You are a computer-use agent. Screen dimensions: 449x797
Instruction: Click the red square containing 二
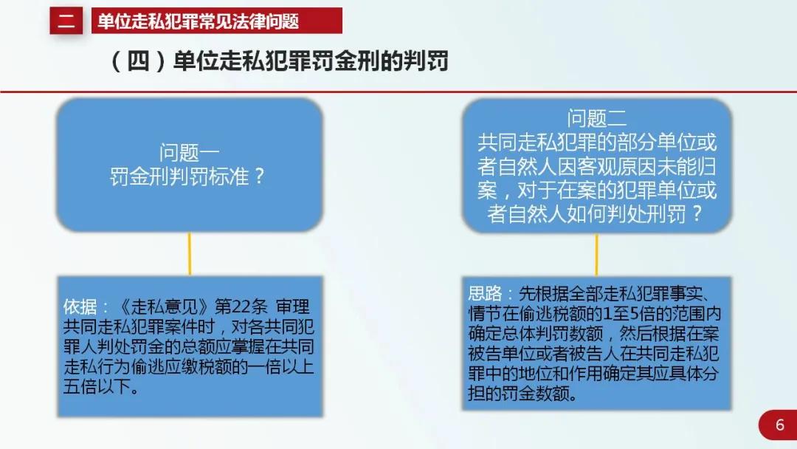tap(66, 21)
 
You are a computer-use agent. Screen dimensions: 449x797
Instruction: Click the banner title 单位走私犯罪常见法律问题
tap(199, 21)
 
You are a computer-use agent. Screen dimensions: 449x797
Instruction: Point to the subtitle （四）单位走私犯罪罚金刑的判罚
tap(280, 61)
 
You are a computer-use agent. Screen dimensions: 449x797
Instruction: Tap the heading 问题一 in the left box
tap(189, 154)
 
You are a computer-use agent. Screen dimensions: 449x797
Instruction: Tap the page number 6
tap(779, 425)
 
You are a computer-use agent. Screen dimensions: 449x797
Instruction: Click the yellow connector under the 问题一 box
tap(190, 253)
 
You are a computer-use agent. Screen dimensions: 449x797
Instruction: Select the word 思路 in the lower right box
tap(485, 293)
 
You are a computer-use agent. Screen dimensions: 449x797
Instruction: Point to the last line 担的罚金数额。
tap(522, 394)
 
